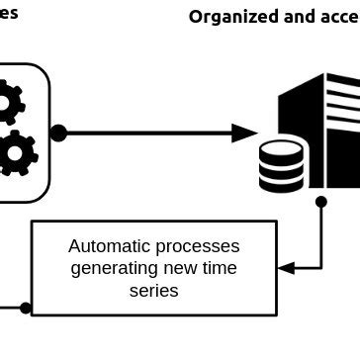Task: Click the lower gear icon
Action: point(15,153)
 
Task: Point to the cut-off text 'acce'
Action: point(339,17)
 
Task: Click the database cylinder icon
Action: point(282,165)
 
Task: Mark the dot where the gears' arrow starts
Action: point(58,133)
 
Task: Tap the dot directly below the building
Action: point(320,202)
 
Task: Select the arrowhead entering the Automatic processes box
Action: point(286,267)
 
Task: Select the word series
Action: point(154,291)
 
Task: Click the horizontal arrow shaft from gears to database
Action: point(148,133)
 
